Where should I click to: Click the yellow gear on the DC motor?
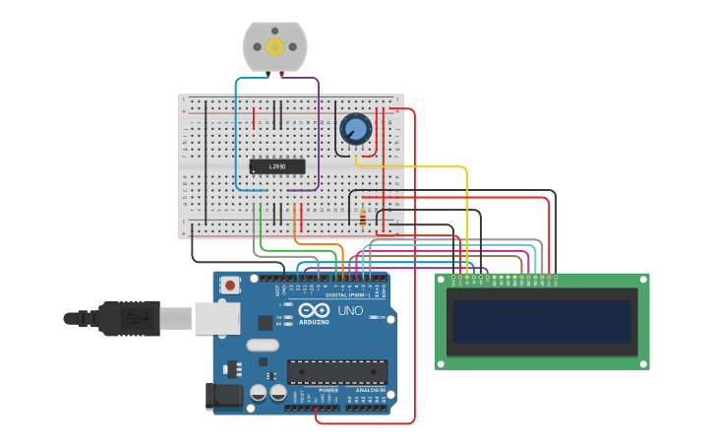[x=274, y=46]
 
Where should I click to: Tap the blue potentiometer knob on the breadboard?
[x=355, y=129]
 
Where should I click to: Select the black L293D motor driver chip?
[x=276, y=166]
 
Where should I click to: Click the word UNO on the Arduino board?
[x=350, y=311]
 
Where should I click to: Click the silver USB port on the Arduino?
[x=216, y=318]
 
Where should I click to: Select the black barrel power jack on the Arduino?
[x=222, y=397]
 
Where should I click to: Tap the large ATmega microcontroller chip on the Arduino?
[x=336, y=371]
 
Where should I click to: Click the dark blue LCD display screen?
[x=542, y=322]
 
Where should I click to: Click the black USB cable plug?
[x=113, y=318]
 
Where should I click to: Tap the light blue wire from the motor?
[x=236, y=138]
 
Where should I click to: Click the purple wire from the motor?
[x=318, y=138]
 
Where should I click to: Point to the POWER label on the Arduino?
[x=327, y=390]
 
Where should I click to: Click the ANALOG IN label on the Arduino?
[x=369, y=390]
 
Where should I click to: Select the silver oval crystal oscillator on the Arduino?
[x=263, y=346]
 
